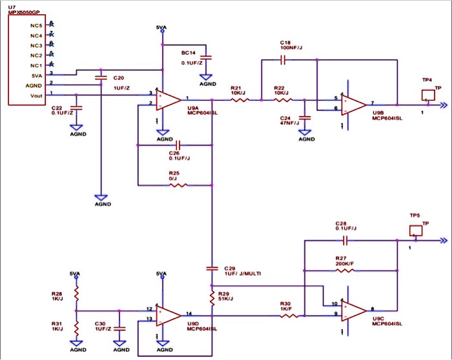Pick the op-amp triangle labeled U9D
coord(170,314)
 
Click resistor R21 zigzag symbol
coord(235,100)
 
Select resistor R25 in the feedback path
coord(178,186)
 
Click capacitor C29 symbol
coord(212,267)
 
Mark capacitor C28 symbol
coord(346,240)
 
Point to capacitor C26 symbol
coord(178,145)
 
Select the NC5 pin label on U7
coord(36,25)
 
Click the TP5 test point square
coord(415,230)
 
